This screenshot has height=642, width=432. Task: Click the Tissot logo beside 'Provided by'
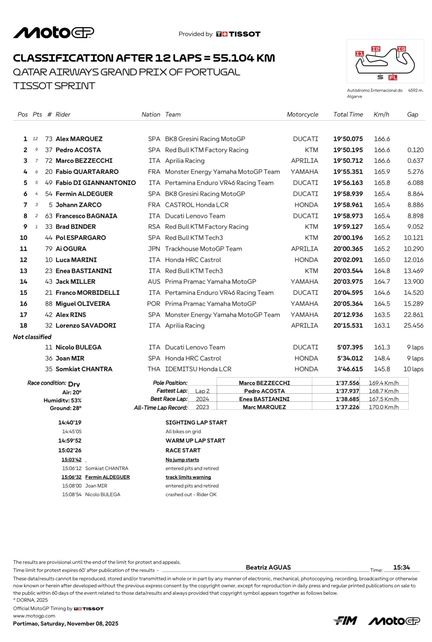[238, 34]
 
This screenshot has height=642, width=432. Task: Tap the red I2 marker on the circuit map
[376, 49]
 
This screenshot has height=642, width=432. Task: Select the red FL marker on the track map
[392, 77]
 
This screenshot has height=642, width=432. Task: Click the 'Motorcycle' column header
[302, 114]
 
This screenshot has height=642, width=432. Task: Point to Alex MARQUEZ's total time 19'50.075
[348, 139]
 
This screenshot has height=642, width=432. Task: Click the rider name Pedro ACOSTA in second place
[78, 150]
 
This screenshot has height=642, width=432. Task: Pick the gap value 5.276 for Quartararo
[415, 172]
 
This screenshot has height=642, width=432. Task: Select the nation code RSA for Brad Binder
[154, 227]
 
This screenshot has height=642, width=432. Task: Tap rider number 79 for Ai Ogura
[49, 249]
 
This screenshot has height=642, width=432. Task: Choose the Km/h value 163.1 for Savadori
[382, 326]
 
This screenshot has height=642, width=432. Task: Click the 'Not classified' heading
[32, 337]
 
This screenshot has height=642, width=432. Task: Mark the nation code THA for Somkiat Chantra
[154, 369]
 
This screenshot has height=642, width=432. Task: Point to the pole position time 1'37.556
[347, 383]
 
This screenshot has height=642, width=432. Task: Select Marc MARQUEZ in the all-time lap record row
[264, 407]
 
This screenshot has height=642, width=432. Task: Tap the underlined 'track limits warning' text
[188, 477]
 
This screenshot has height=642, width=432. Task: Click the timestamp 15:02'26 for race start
[70, 450]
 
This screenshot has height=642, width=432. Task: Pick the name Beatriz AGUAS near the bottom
[268, 567]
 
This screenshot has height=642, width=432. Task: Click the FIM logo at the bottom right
[345, 621]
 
